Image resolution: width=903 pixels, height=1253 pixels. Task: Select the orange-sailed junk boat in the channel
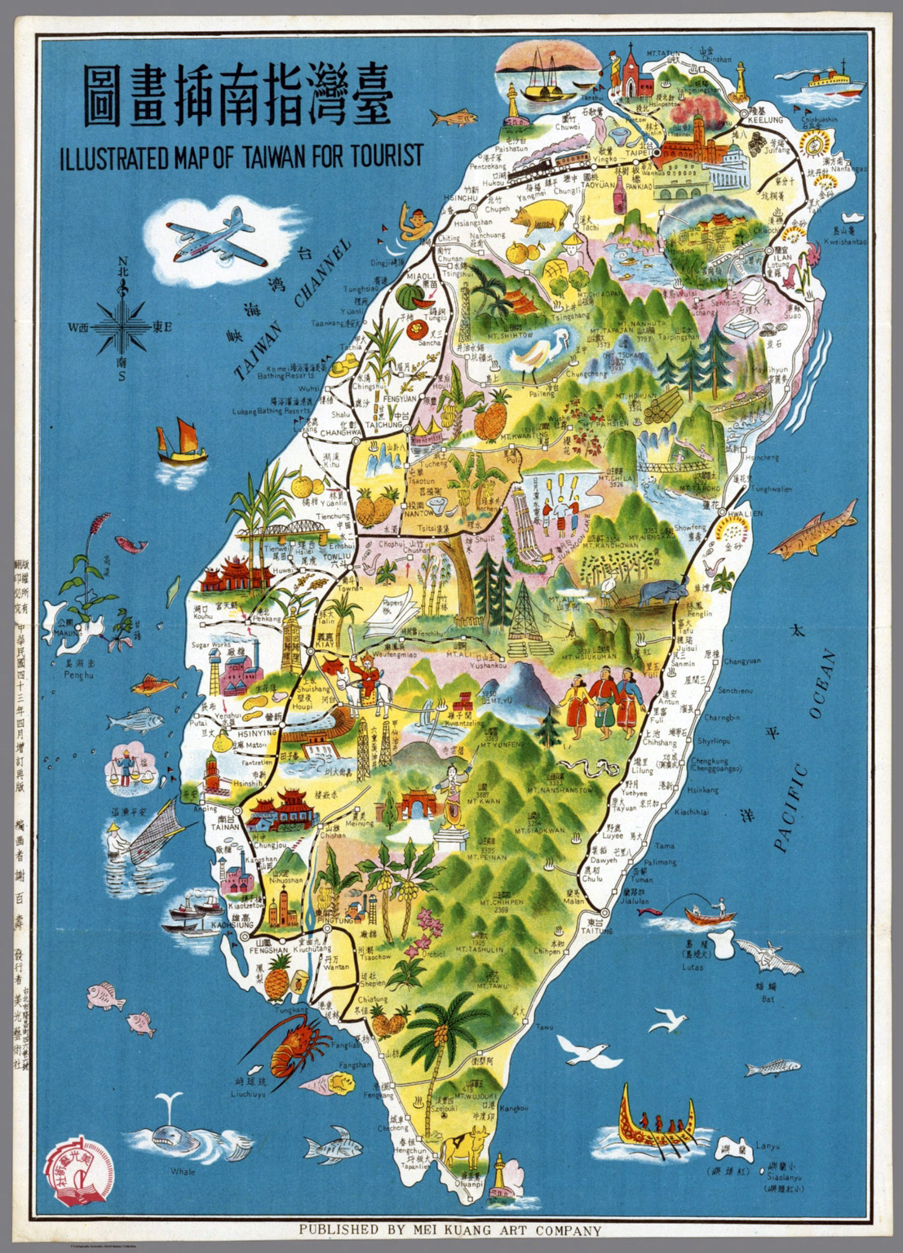pyautogui.click(x=183, y=441)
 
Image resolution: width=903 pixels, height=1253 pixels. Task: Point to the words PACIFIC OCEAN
pyautogui.click(x=803, y=750)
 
